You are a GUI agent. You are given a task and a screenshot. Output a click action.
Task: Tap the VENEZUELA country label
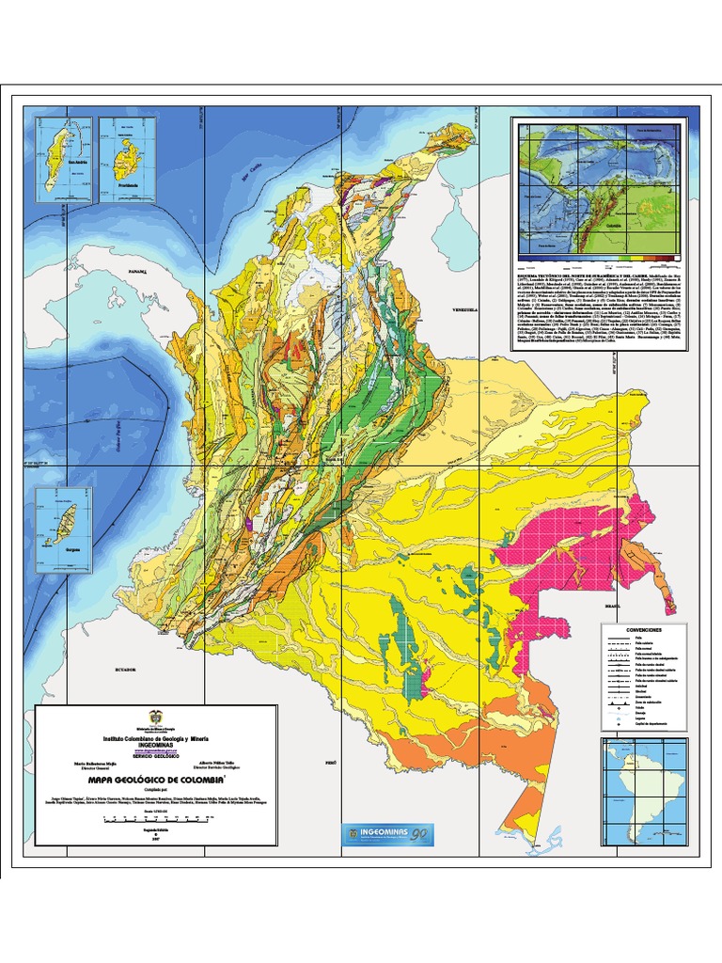pyautogui.click(x=465, y=309)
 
